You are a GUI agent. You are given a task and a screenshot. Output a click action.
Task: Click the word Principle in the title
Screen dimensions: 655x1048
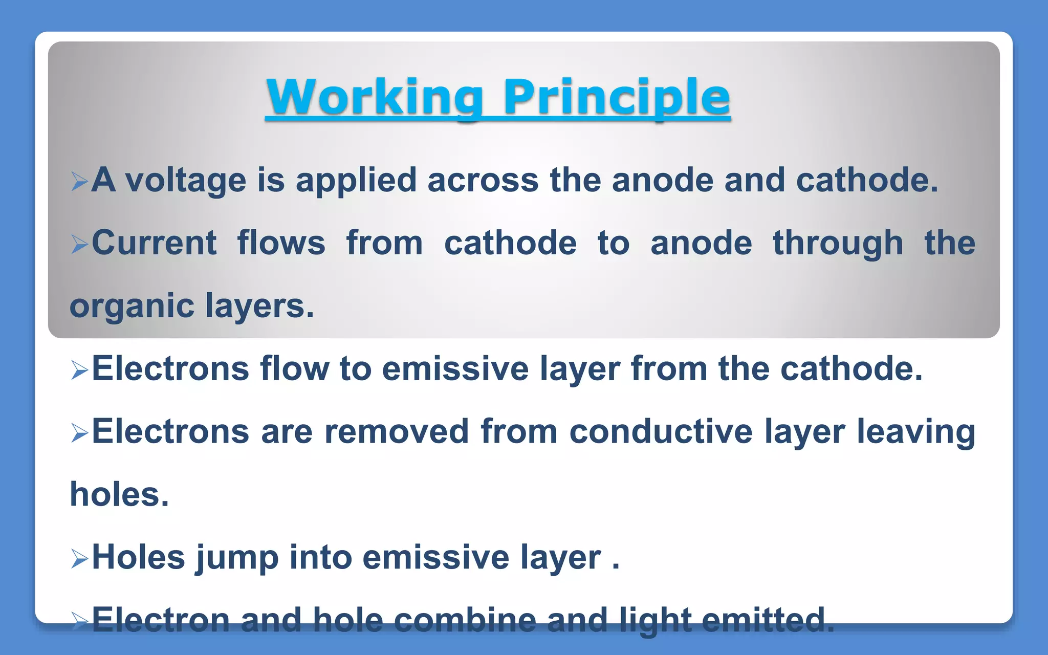[616, 97]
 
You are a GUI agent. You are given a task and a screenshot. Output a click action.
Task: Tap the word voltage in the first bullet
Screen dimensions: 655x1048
[186, 181]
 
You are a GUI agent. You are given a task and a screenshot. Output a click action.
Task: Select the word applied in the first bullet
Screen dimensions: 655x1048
[356, 181]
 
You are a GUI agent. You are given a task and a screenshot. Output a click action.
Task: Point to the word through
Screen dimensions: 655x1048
[838, 244]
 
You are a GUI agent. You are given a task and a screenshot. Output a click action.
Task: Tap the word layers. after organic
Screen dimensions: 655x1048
[259, 306]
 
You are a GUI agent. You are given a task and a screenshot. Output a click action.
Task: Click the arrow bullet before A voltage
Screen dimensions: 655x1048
[79, 182]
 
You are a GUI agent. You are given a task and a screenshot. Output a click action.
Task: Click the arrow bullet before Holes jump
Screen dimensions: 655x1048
[79, 559]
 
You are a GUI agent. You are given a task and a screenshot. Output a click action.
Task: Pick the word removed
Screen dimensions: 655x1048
[397, 431]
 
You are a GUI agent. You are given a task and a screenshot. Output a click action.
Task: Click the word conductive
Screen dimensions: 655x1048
[661, 431]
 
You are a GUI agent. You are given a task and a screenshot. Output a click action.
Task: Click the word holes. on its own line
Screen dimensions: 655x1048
[119, 495]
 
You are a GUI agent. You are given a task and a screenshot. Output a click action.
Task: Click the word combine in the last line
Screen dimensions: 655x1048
[465, 620]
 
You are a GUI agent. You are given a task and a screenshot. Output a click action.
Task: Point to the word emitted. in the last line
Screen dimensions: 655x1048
[768, 620]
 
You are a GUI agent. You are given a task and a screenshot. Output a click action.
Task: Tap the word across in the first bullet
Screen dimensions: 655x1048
[483, 181]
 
